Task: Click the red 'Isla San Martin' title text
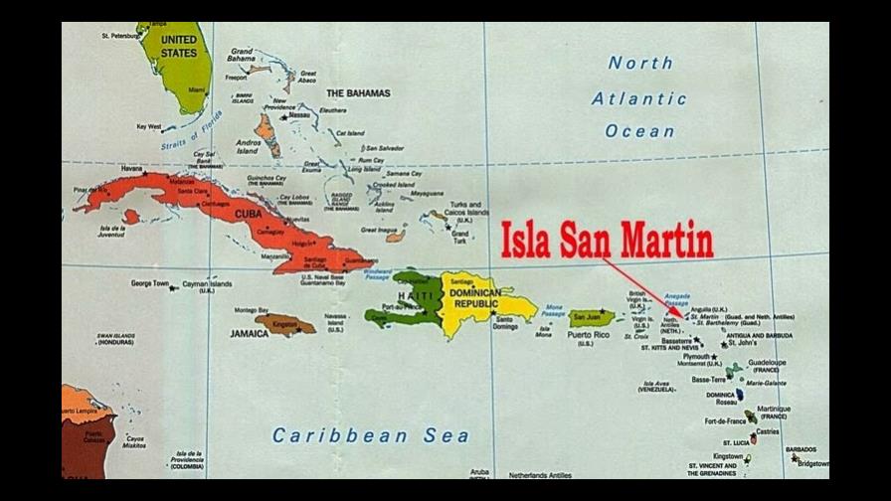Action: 607,240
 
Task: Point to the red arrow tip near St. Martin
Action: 682,317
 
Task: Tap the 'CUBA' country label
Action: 249,214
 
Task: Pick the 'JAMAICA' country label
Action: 249,334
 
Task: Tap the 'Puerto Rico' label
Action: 588,335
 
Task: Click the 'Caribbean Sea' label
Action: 355,434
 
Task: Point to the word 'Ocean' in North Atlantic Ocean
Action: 639,131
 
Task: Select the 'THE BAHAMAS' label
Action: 358,93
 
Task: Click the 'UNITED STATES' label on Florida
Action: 179,46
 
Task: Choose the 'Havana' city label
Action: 131,169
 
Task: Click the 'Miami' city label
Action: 197,89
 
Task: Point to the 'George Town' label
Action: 149,283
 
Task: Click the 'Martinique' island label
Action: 774,409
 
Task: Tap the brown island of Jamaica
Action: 284,324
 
